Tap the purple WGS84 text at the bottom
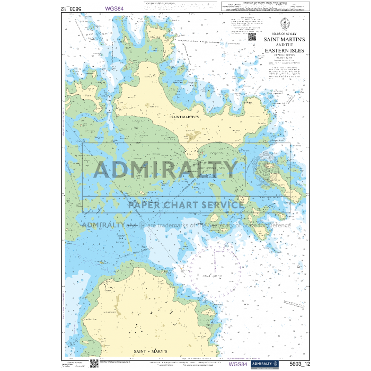pyautogui.click(x=238, y=364)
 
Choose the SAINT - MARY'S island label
pyautogui.click(x=151, y=351)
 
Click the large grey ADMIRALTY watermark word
pyautogui.click(x=165, y=169)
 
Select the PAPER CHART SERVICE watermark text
pyautogui.click(x=186, y=205)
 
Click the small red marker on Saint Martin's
pyautogui.click(x=201, y=153)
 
